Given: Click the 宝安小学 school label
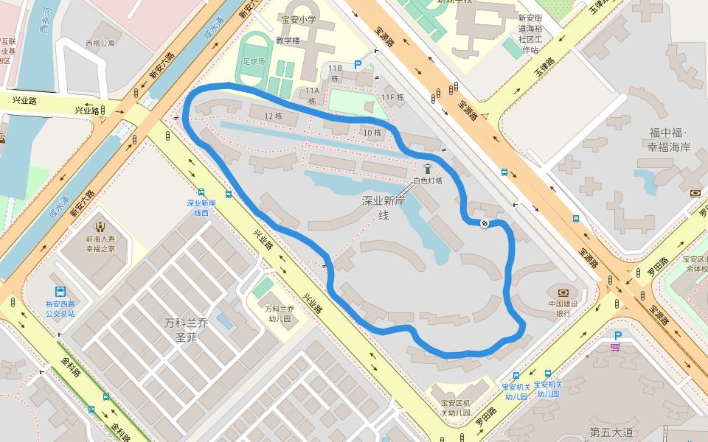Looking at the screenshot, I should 298,20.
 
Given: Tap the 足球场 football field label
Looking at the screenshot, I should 253,61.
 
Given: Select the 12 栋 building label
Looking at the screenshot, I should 274,116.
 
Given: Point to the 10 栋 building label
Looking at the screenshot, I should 372,133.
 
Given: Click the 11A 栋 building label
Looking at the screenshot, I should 312,96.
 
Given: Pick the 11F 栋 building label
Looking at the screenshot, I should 393,97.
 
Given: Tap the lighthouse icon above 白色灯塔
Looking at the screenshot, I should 428,169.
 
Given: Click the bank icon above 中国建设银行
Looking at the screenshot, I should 563,292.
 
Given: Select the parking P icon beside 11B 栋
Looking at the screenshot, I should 358,65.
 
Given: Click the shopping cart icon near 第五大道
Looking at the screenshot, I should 615,347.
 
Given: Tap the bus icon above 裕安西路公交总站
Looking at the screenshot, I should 60,292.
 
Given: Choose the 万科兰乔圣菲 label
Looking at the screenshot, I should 187,329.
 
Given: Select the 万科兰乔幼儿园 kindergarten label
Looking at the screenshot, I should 280,314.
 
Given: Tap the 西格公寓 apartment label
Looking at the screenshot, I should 100,43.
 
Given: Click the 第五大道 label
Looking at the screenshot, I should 611,432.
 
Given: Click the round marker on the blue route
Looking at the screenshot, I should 485,223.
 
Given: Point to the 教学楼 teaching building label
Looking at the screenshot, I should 288,41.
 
